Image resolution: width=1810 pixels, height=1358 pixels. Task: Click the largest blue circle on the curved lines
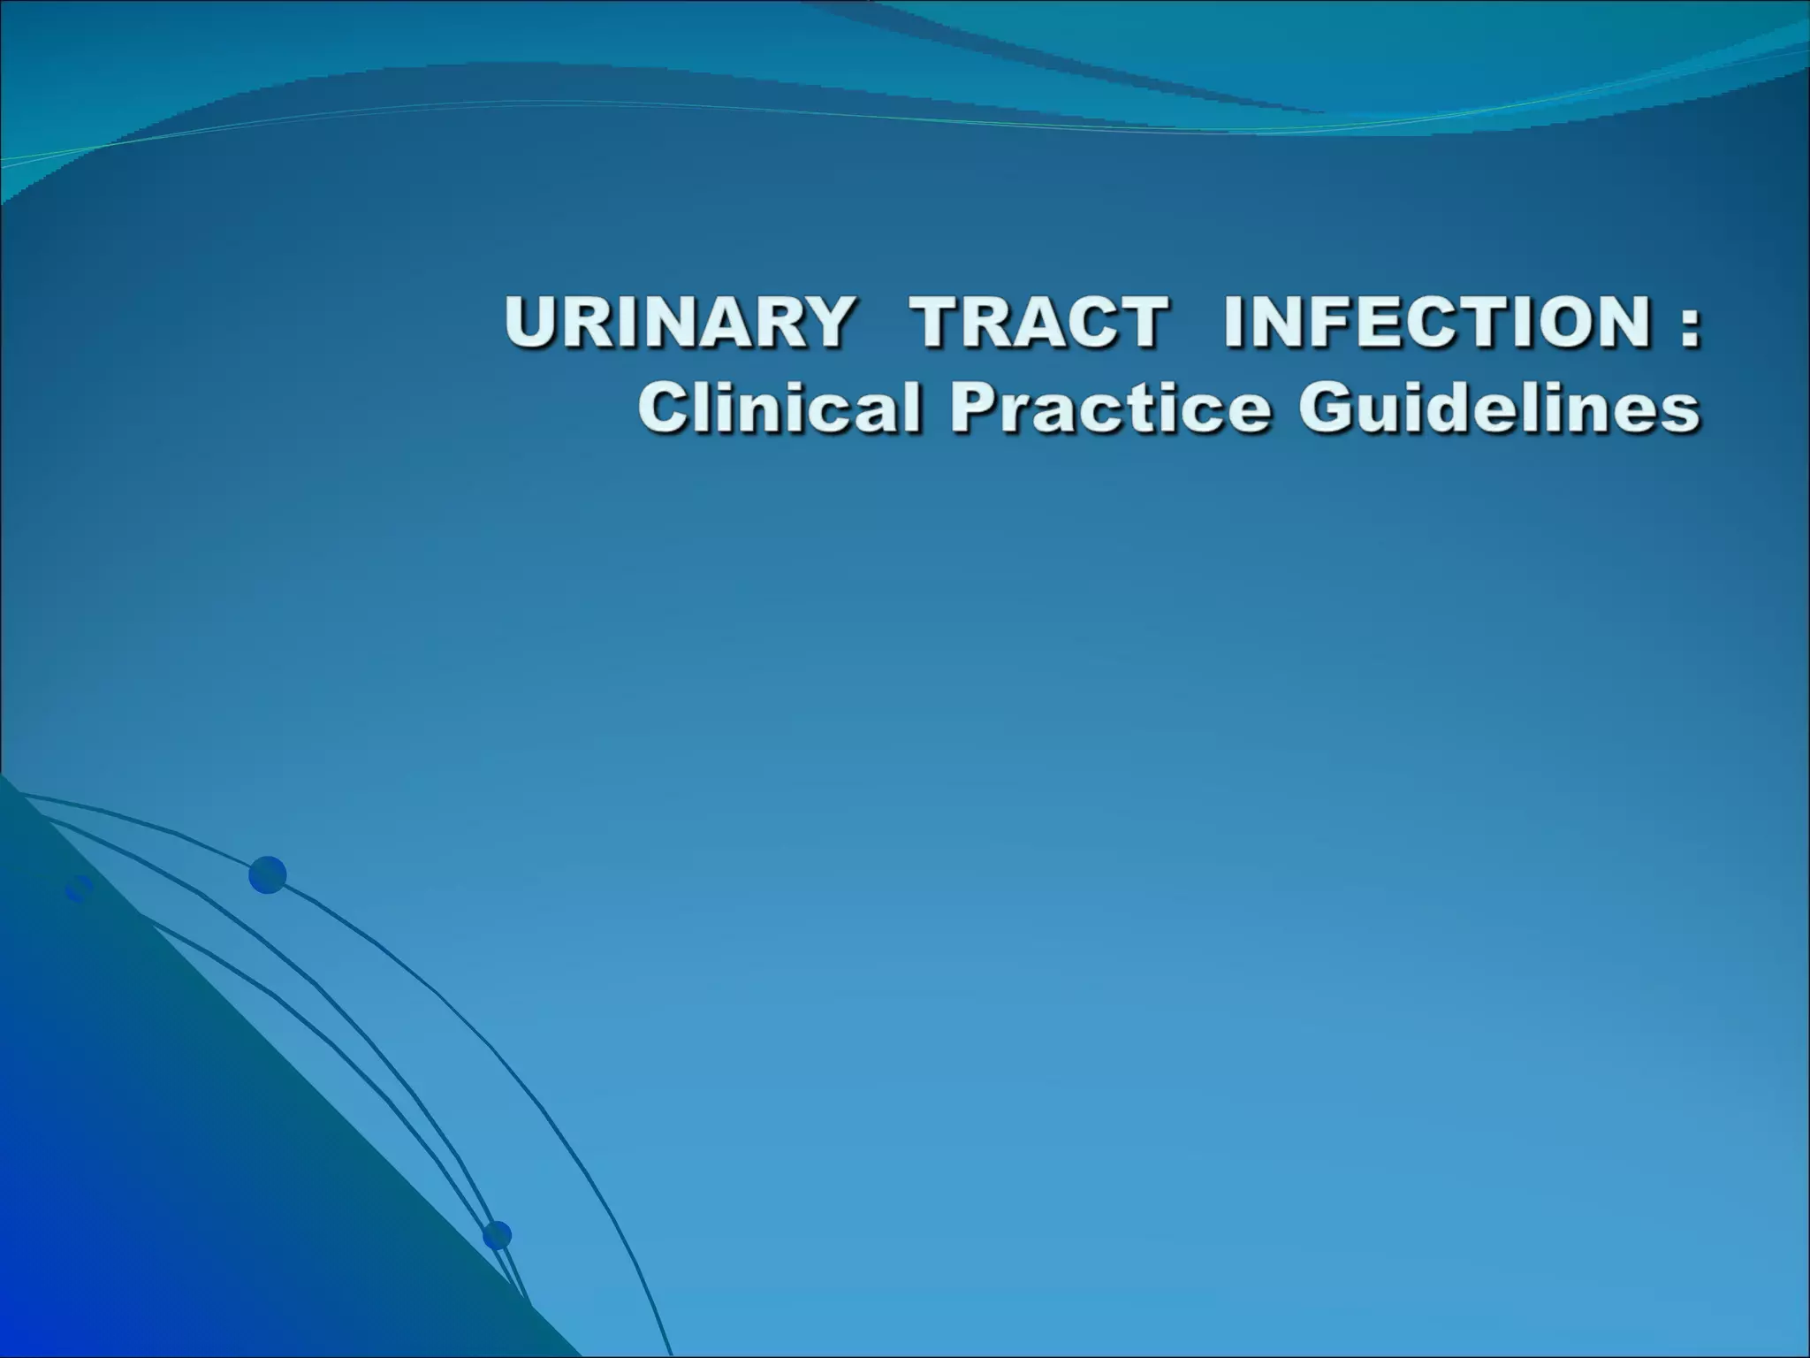(267, 875)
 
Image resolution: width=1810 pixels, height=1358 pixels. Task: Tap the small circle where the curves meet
(497, 1235)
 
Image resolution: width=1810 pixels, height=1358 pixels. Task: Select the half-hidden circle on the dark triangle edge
(79, 888)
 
